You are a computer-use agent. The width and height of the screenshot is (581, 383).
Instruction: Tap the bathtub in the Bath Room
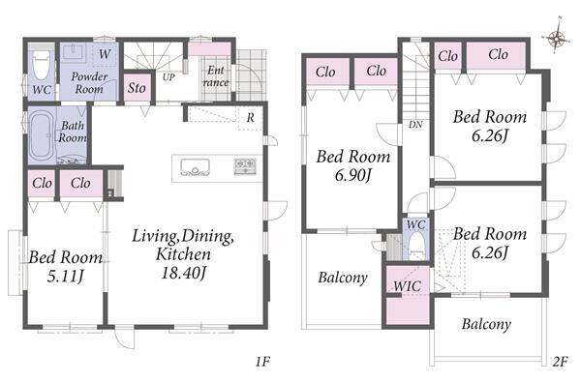click(41, 135)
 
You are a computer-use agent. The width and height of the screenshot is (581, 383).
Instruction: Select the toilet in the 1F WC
click(41, 65)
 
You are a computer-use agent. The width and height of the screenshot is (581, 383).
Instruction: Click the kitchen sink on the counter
click(195, 167)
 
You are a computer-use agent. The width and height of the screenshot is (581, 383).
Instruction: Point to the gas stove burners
click(245, 165)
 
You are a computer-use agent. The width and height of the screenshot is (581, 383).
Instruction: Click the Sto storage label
click(137, 88)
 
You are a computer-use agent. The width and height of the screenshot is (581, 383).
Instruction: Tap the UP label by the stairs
click(168, 77)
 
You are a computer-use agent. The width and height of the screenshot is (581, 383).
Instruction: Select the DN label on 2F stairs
click(415, 125)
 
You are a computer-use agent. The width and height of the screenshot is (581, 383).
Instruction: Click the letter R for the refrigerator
click(251, 118)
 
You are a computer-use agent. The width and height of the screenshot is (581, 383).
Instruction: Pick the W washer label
click(105, 54)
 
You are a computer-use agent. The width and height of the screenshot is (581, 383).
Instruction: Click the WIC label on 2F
click(407, 286)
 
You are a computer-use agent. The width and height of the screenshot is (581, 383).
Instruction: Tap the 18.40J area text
click(183, 273)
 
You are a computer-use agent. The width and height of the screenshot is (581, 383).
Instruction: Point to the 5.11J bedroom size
click(65, 276)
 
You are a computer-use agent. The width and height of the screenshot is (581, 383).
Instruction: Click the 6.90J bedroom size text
click(352, 175)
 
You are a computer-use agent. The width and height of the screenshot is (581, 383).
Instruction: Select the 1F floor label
click(262, 362)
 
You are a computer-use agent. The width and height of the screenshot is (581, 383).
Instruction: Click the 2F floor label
click(560, 362)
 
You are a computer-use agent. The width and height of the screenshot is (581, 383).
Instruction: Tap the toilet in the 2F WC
click(416, 246)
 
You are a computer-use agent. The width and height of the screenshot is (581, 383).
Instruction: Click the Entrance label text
click(216, 76)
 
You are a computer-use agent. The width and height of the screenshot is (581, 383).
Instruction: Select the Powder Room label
click(89, 82)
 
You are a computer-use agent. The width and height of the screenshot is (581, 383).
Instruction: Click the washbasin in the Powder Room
click(75, 52)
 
